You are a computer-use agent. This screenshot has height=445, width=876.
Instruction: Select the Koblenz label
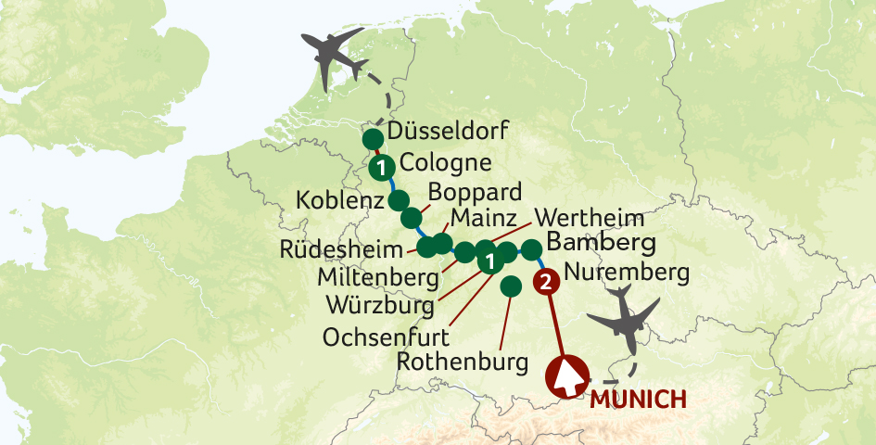click(338, 200)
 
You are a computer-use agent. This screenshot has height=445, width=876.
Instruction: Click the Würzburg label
click(378, 304)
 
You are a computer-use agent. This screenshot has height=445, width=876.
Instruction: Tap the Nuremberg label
click(626, 273)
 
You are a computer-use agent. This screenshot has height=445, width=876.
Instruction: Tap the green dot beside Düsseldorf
click(373, 139)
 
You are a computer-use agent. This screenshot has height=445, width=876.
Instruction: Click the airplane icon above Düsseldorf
click(330, 58)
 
